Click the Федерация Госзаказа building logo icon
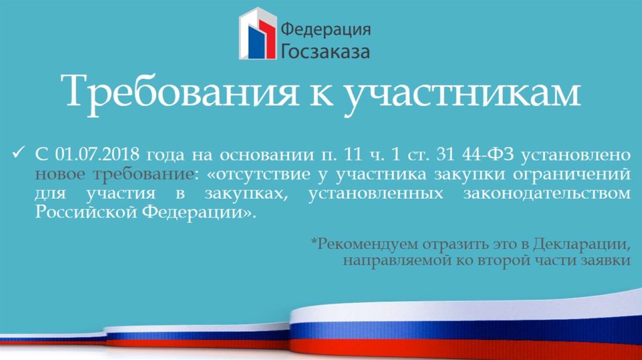[x=257, y=34]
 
